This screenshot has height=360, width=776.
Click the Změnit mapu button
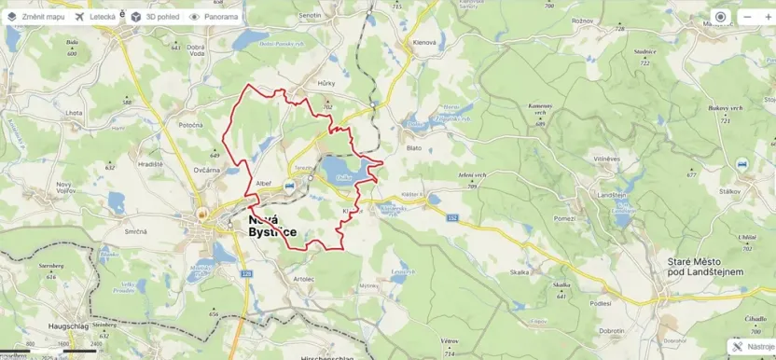(36, 17)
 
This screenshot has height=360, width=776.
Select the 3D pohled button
(155, 17)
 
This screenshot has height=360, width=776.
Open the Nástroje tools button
(753, 346)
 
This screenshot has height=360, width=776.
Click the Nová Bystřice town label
(273, 225)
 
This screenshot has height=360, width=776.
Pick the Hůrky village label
(326, 83)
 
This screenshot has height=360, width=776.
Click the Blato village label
(414, 147)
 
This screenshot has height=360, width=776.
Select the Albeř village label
(264, 184)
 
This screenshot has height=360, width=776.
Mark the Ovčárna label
(206, 170)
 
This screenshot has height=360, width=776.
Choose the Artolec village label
(304, 278)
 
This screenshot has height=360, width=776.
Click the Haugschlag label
(67, 325)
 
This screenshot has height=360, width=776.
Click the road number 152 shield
(453, 217)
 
